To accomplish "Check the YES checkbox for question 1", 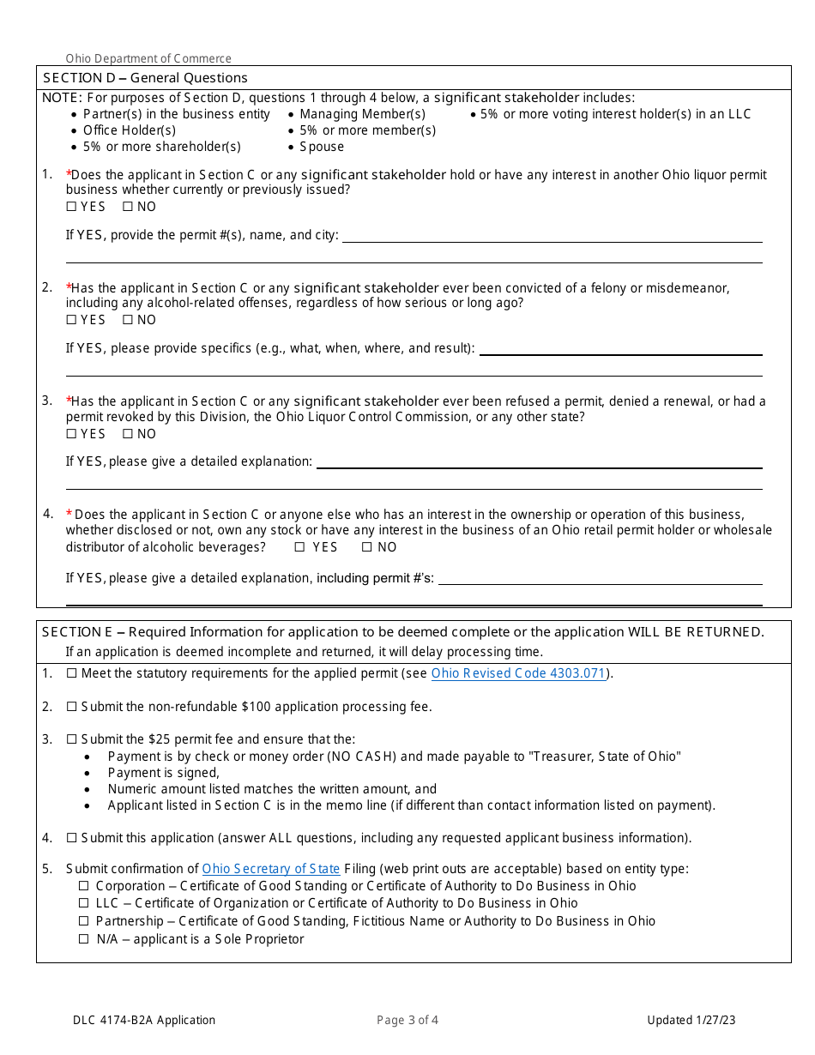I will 71,207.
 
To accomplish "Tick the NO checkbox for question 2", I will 128,320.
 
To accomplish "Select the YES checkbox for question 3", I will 71,434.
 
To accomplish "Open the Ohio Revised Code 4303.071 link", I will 517,673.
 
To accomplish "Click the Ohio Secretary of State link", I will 271,869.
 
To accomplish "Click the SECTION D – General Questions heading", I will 145,78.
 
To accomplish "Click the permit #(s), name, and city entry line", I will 552,236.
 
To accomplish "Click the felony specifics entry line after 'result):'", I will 620,349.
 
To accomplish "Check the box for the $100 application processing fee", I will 72,707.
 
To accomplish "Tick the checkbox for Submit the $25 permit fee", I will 72,739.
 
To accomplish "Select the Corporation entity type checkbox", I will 84,886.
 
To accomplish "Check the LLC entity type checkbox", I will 84,903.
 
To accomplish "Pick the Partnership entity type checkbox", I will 84,921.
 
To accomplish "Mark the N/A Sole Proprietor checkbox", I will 84,939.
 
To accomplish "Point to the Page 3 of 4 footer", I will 407,1020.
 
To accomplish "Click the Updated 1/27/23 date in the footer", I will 691,1020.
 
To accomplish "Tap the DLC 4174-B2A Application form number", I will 144,1020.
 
